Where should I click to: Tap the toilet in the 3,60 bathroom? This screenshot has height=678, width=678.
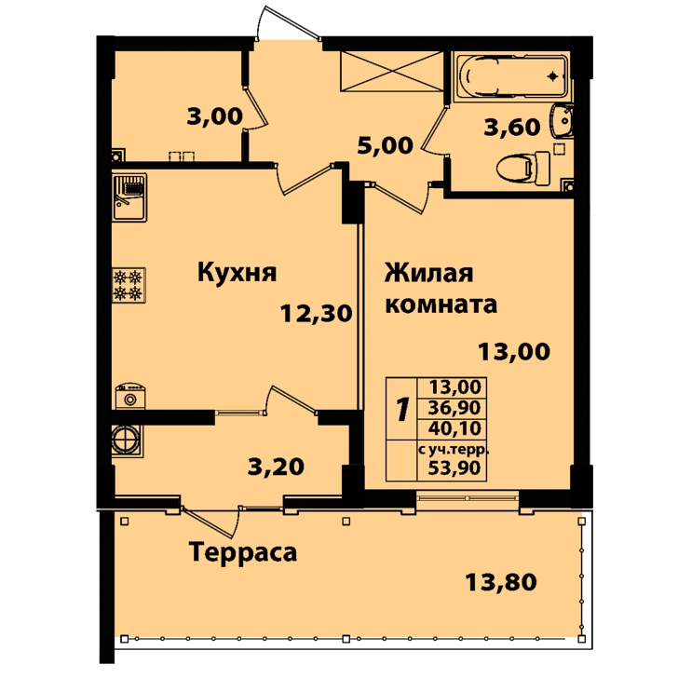(x=523, y=169)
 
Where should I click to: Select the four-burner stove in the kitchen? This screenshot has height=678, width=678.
(x=129, y=285)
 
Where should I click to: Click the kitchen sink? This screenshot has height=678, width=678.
(x=129, y=197)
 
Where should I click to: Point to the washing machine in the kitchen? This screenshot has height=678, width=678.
(x=130, y=396)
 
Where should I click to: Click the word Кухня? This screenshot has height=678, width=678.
(x=237, y=273)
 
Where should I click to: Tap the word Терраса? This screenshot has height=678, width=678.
(x=243, y=552)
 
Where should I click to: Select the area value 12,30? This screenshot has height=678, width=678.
(x=316, y=313)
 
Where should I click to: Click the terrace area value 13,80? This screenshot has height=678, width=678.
(x=501, y=581)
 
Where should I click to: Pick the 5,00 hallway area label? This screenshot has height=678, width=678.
(x=385, y=145)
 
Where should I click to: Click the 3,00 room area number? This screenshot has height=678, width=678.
(x=214, y=116)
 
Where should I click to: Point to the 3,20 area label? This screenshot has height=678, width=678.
(x=276, y=467)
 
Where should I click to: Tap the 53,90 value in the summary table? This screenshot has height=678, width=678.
(x=454, y=468)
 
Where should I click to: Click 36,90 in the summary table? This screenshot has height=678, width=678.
(x=454, y=407)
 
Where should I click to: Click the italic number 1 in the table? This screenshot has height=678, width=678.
(x=402, y=409)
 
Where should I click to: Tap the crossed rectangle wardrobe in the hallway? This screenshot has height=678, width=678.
(x=392, y=72)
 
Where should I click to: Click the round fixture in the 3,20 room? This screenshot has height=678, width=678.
(x=126, y=440)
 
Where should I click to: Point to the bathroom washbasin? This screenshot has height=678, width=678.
(x=562, y=121)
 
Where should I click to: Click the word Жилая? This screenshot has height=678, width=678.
(x=429, y=273)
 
